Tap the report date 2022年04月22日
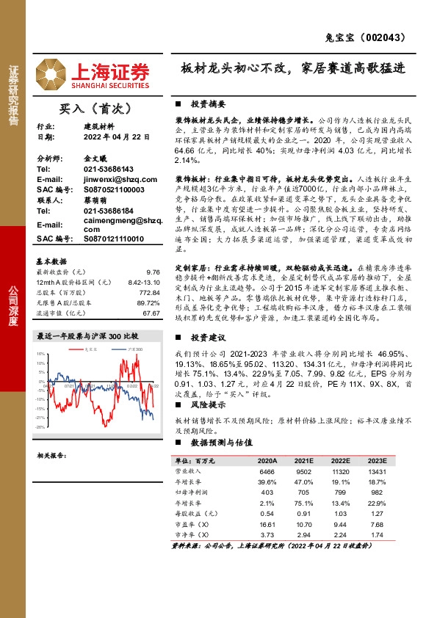click(100, 137)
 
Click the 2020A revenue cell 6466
click(266, 471)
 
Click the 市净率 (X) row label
click(193, 536)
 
